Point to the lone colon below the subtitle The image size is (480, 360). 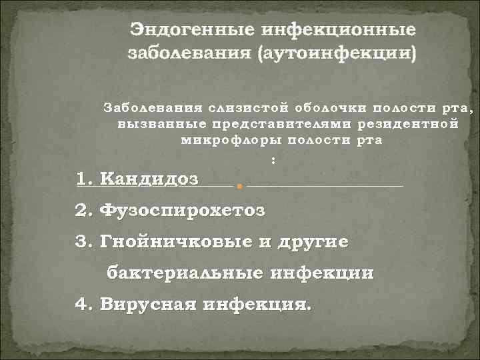(x=274, y=159)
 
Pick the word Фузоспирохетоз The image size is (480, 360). (x=181, y=211)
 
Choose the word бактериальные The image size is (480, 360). (x=185, y=273)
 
